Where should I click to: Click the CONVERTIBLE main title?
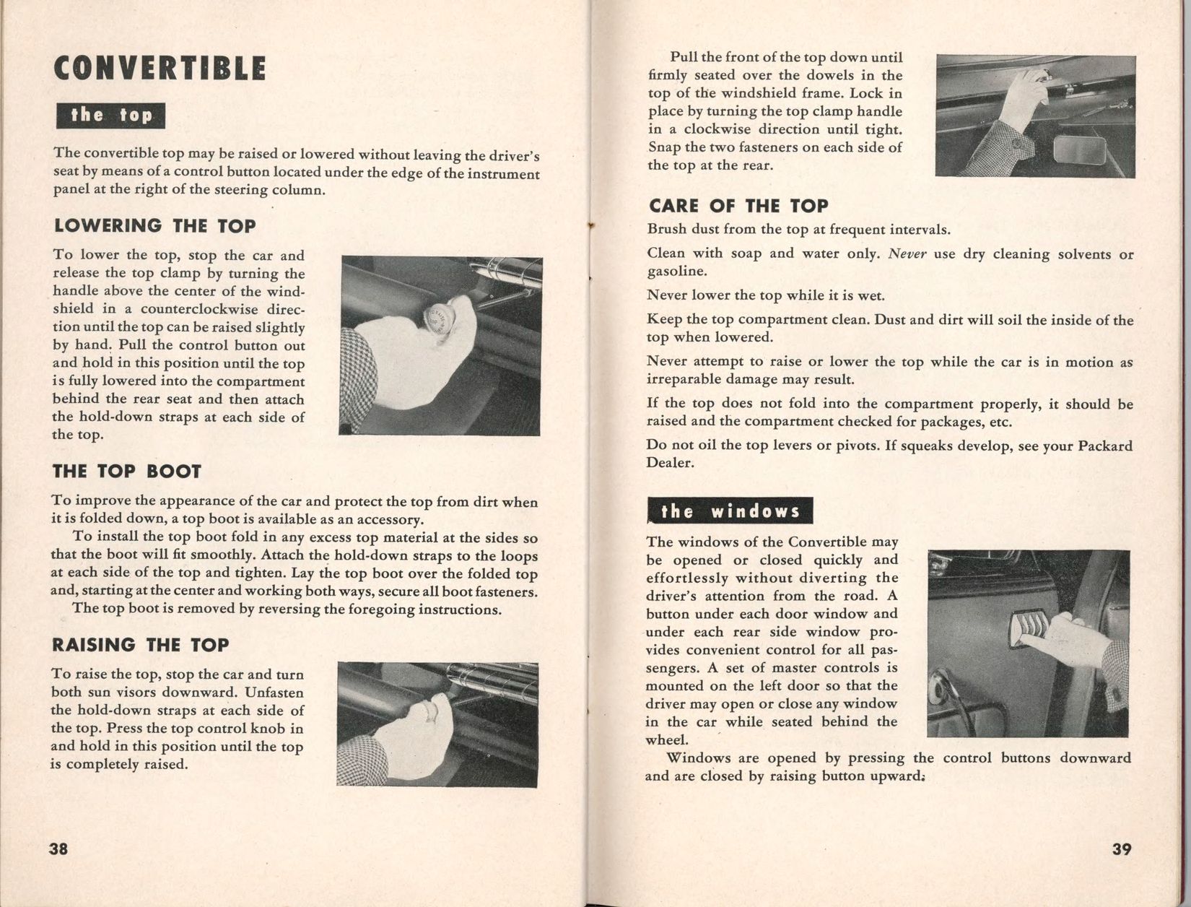pos(160,69)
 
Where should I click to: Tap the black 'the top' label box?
pos(110,116)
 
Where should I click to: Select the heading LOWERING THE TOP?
pos(154,226)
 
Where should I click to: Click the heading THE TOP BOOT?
pos(126,472)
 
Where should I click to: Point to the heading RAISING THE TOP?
pos(140,645)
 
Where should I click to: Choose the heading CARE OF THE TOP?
pos(738,206)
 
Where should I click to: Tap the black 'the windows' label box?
pos(730,511)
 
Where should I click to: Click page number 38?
pos(58,849)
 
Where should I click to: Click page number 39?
pos(1121,849)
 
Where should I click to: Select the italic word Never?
pos(907,254)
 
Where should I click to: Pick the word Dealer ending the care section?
pos(669,463)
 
